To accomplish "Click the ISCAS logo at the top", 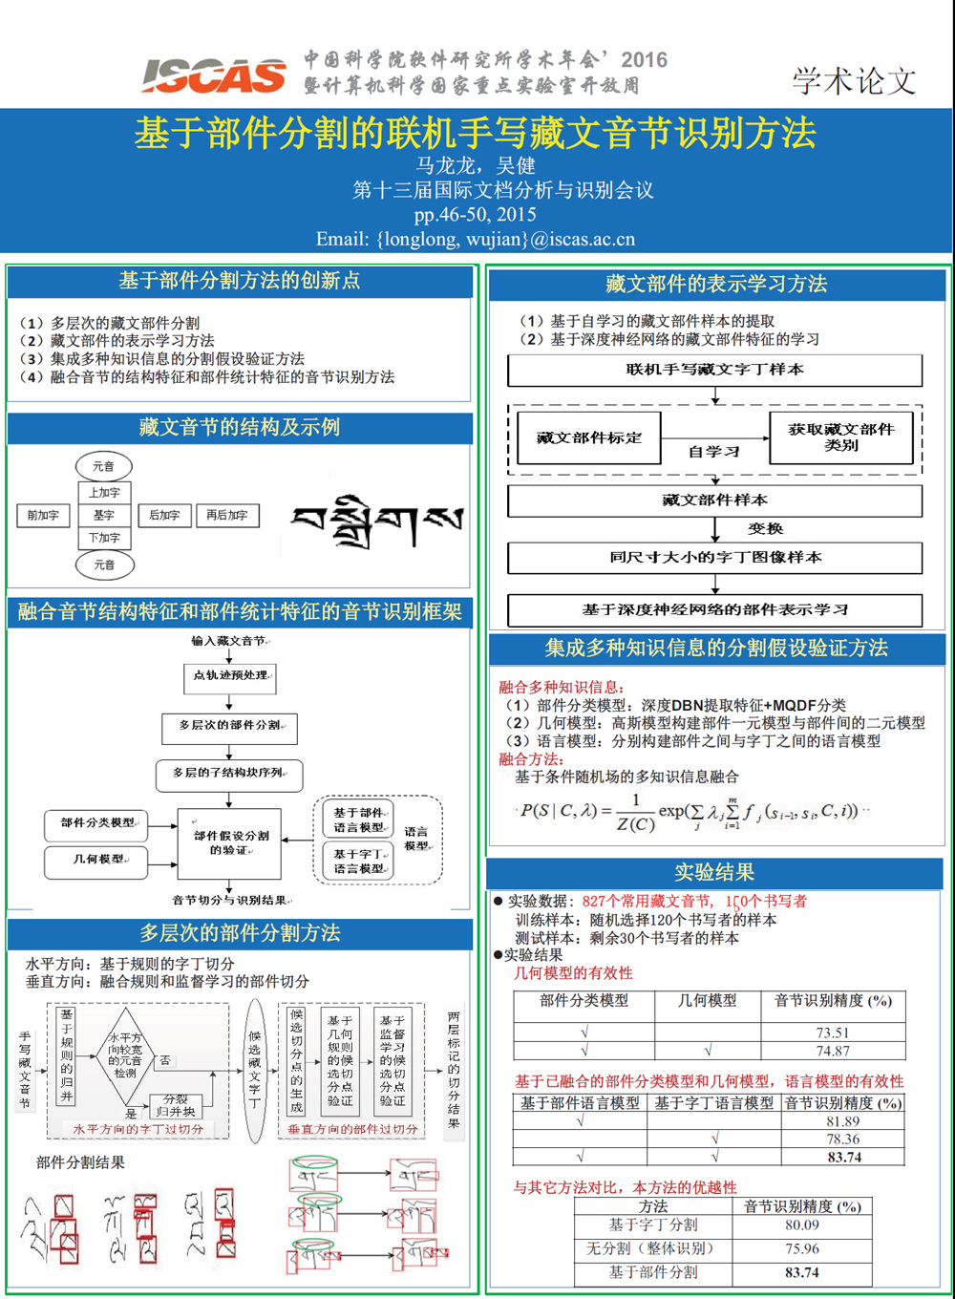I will (x=214, y=75).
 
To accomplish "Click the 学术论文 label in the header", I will (x=854, y=80).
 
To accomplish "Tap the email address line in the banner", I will (x=476, y=239).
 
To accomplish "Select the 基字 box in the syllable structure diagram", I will (x=104, y=515).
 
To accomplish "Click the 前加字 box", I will (x=43, y=515).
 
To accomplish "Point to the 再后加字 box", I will (x=227, y=515).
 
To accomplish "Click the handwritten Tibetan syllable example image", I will (x=377, y=521).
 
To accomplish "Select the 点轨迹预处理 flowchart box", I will (x=230, y=676).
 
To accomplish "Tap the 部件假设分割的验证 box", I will (x=230, y=842).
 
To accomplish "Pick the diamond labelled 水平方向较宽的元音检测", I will (x=125, y=1054).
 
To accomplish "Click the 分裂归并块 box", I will (x=176, y=1106).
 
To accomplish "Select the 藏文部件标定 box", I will (x=588, y=437).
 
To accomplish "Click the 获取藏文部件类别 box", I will (x=841, y=437).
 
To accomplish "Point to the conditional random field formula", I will (x=691, y=813).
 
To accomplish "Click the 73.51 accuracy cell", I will (x=832, y=1033).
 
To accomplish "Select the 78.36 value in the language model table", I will (x=843, y=1139).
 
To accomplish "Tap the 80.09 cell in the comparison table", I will (x=802, y=1224).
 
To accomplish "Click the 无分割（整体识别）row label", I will (x=649, y=1248).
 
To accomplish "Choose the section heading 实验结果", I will (x=714, y=872).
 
